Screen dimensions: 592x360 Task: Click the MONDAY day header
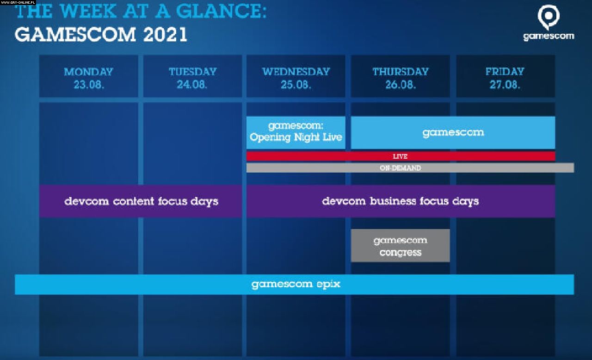click(88, 72)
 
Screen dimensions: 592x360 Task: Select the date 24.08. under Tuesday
click(192, 85)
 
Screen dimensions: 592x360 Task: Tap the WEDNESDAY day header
click(296, 72)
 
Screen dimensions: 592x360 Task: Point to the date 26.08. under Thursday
click(401, 85)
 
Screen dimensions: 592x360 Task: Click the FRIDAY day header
click(505, 72)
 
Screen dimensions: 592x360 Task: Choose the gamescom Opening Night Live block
click(296, 132)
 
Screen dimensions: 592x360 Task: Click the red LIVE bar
click(401, 156)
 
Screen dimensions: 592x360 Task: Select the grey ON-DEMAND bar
click(410, 168)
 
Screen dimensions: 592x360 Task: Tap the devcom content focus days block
click(141, 201)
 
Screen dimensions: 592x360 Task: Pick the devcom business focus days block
click(401, 201)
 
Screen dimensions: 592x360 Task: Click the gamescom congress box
click(401, 246)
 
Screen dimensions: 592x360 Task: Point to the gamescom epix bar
click(295, 285)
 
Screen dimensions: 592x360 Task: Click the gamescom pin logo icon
click(549, 17)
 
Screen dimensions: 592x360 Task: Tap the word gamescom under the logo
click(549, 36)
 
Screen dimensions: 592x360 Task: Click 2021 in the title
click(165, 35)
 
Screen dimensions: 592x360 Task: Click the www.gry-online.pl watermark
click(18, 2)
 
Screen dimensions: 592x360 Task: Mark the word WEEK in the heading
click(88, 12)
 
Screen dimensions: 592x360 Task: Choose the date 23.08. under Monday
click(88, 85)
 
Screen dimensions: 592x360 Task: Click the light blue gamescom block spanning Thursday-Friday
click(453, 132)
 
